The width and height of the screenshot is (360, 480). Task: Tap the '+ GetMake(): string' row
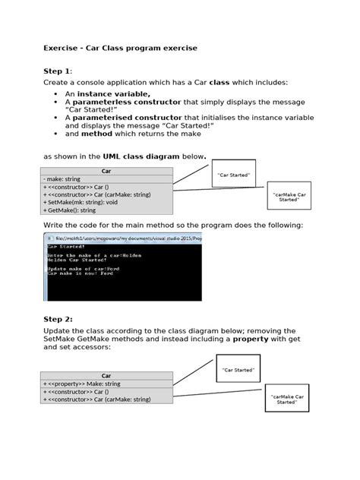(x=76, y=210)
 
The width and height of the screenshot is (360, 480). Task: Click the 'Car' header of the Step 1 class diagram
(x=106, y=171)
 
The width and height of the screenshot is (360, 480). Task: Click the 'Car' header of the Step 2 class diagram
(x=106, y=375)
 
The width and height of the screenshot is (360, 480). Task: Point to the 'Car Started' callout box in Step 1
(x=233, y=174)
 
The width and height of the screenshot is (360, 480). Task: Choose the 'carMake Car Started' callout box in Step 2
(x=286, y=398)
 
